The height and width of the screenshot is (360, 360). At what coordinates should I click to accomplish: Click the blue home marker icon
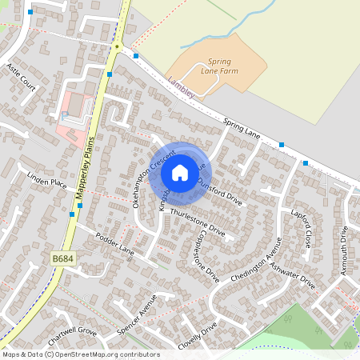pos(180,172)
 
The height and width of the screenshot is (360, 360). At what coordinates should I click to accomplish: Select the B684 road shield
pos(61,258)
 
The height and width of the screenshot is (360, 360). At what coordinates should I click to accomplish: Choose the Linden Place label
pos(46,183)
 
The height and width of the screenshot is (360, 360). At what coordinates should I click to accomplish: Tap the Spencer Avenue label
pos(136,318)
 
